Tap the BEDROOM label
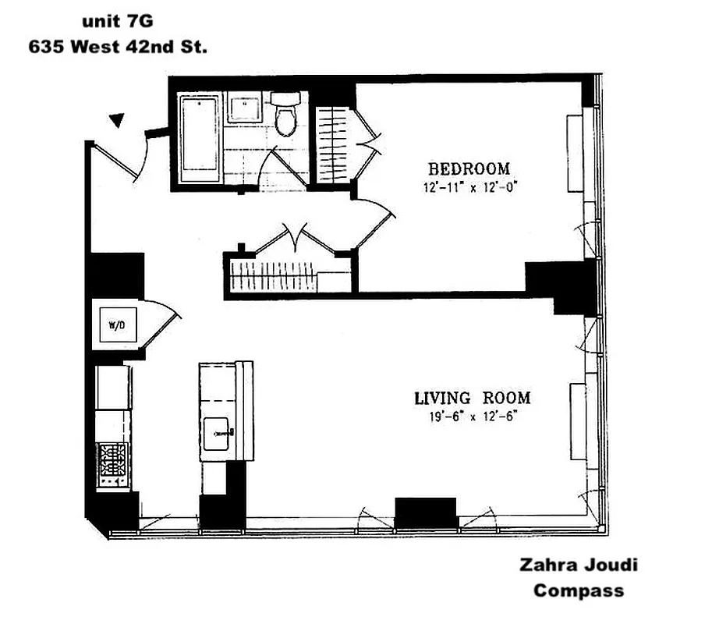coord(469,168)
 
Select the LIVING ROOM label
coord(471,398)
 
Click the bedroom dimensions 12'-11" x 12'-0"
coord(472,186)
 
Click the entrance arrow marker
coord(116,120)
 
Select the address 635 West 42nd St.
coord(118,46)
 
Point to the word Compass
coord(578,590)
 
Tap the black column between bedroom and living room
coord(561,285)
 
